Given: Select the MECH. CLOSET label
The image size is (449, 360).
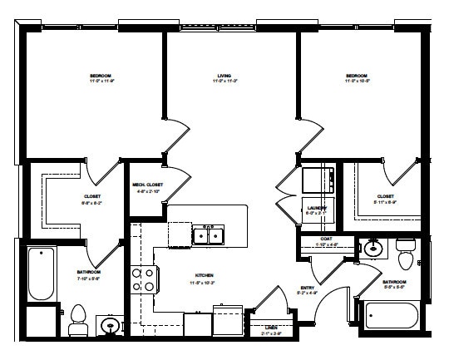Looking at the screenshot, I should [147, 185].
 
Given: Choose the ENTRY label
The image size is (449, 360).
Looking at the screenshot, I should [307, 288].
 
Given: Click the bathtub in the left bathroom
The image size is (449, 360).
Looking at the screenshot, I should [39, 274].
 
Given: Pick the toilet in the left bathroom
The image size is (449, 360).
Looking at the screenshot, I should [78, 318].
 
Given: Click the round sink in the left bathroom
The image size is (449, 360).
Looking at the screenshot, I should [108, 326].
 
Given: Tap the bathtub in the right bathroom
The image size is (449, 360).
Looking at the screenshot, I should [390, 317].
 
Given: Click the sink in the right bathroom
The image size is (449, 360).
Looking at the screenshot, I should [372, 247].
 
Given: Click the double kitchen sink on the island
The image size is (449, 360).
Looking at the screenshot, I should [208, 236].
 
